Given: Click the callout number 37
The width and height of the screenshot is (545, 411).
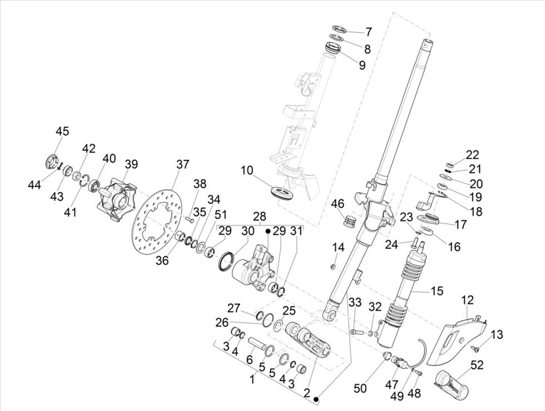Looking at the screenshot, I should [182, 164].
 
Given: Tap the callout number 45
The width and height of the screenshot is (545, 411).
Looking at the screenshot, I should [62, 131].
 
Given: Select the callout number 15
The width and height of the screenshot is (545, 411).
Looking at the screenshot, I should [437, 290].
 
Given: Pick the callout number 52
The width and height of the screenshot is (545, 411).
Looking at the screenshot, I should [477, 365].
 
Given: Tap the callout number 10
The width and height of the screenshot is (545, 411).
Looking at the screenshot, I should [247, 170].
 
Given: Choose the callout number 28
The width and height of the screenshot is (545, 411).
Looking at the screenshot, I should [260, 216].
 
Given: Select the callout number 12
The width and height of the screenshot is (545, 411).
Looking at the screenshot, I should [467, 300].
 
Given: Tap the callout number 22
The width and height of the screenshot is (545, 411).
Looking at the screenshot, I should [472, 155].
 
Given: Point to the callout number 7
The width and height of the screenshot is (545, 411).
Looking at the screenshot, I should [368, 32].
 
